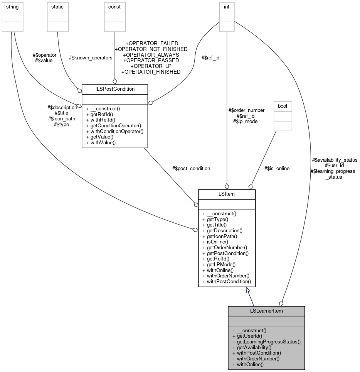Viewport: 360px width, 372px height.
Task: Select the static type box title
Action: (57, 7)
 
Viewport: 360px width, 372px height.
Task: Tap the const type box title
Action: (114, 7)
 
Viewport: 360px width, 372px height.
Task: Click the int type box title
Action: (227, 7)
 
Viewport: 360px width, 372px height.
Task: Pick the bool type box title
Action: (283, 106)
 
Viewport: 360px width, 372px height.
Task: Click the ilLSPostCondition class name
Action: (114, 89)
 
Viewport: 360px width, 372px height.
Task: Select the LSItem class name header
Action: (227, 194)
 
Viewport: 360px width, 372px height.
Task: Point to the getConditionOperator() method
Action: (114, 126)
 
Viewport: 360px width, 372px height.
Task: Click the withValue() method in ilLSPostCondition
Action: (101, 142)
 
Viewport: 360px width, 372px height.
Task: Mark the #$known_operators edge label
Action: (91, 58)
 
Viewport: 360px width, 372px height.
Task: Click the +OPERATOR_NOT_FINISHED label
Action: (151, 49)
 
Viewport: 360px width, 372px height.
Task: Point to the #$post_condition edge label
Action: (192, 168)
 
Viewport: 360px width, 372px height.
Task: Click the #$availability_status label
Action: (334, 160)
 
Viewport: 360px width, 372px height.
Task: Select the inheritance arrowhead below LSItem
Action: (249, 290)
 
